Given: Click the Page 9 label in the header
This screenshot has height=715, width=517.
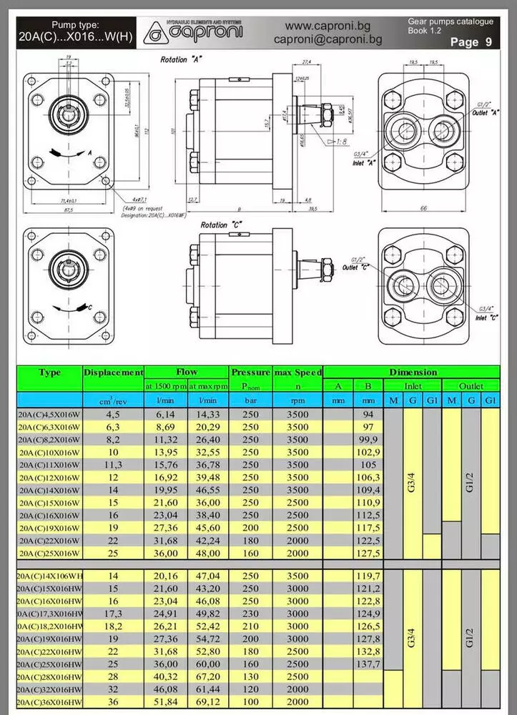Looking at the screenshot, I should [471, 42].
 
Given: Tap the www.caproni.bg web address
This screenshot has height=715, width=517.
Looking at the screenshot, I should [328, 26].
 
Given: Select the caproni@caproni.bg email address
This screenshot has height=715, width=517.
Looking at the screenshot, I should [328, 40].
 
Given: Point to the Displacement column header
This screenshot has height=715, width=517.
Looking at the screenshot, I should [114, 373].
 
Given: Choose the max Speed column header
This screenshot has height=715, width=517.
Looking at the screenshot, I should [296, 373].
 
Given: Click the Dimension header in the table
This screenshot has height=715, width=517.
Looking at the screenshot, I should [413, 373].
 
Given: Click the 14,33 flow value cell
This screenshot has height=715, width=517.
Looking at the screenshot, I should [208, 413].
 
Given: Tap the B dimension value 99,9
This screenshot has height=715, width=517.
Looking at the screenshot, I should [368, 438].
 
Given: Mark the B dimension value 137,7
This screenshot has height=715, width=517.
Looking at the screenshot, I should [368, 664].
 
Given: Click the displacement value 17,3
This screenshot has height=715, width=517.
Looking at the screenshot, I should [113, 613].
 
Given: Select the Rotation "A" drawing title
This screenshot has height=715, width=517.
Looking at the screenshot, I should [181, 60].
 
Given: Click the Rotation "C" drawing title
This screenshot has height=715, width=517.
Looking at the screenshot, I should [220, 225].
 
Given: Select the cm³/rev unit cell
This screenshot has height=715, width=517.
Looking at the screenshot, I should [113, 400].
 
